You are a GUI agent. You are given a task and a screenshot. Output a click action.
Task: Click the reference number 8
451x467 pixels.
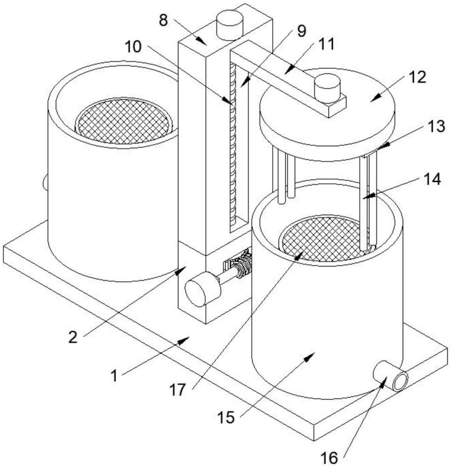click(x=164, y=21)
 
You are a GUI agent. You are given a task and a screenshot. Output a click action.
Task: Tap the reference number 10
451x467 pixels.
click(x=133, y=46)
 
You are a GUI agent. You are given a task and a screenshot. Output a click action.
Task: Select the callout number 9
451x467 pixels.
click(x=302, y=31)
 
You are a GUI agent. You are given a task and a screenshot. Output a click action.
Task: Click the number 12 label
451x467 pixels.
click(x=418, y=78)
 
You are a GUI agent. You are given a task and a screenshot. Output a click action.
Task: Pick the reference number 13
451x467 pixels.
click(x=437, y=126)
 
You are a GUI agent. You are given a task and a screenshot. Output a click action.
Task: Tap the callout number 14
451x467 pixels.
click(x=432, y=179)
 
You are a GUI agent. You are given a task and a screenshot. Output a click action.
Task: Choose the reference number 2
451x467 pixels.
click(x=73, y=337)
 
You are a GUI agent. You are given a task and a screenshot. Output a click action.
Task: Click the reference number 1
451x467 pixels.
click(x=114, y=375)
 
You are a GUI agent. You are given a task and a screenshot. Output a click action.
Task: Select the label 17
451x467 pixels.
click(x=178, y=390)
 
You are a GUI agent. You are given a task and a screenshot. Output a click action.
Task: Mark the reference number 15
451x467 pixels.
click(x=226, y=417)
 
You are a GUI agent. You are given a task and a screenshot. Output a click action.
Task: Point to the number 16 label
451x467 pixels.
click(x=329, y=457)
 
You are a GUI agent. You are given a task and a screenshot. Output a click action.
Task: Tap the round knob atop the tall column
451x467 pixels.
click(x=230, y=24)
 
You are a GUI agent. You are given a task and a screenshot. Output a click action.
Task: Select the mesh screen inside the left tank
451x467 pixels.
click(x=124, y=121)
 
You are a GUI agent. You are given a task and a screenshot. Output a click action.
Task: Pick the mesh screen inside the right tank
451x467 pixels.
click(x=323, y=239)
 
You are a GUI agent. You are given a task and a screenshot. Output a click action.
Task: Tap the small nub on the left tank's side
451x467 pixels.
click(x=45, y=182)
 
